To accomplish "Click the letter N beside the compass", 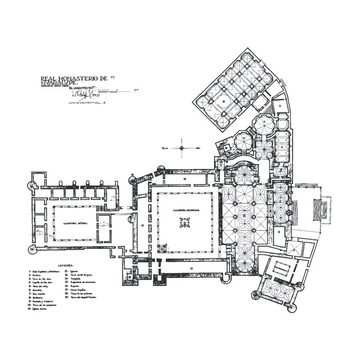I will [x=164, y=148].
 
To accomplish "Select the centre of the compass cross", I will [x=181, y=148].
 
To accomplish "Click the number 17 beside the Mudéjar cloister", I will [x=142, y=224].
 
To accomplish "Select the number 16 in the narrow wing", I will [x=184, y=179].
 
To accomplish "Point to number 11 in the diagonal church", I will [x=224, y=102].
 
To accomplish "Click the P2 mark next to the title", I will [x=112, y=77].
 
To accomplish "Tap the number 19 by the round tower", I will [x=133, y=174].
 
